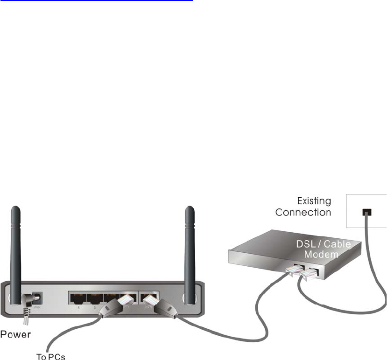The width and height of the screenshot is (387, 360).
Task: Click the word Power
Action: (16, 334)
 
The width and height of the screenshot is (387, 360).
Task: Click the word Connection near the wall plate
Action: (303, 213)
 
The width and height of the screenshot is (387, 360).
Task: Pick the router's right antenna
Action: (190, 247)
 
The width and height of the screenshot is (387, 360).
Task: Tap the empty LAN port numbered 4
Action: (77, 297)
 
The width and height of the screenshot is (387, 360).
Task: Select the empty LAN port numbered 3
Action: (95, 297)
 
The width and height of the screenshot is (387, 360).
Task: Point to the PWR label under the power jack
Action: (36, 307)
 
